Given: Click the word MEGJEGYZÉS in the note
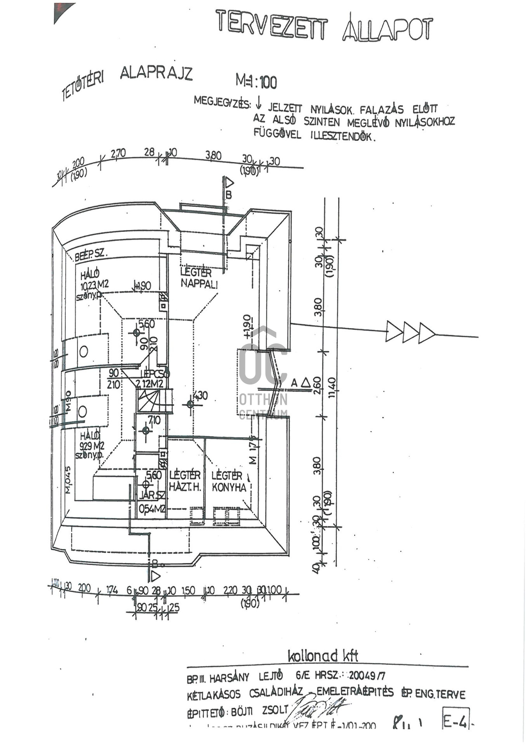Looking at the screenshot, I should point(222,102).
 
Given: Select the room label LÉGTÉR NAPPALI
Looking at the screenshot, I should point(198,278).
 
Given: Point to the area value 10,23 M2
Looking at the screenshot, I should point(94,285).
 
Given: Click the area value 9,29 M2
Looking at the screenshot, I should point(92,446).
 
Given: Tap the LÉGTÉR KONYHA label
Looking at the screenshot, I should point(229,482).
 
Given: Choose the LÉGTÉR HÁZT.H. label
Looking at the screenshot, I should point(185,481).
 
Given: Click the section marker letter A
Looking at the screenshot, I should point(294,383).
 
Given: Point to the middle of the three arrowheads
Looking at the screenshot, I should point(411,332).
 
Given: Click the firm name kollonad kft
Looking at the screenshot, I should point(323,656).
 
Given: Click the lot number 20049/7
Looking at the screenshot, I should point(367,676).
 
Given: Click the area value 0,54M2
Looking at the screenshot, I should point(151,509).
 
